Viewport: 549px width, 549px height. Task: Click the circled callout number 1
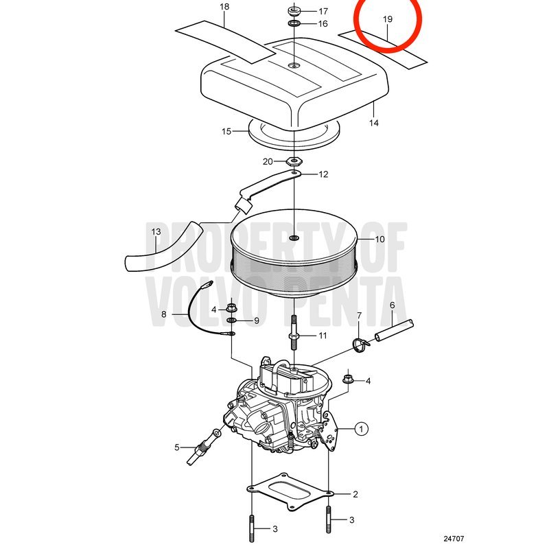tap(362, 428)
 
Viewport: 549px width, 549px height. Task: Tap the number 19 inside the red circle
tap(388, 19)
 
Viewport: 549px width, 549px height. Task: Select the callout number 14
tap(373, 123)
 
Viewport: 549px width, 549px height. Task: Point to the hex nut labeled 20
tap(294, 161)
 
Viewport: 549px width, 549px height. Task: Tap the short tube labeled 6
tap(395, 329)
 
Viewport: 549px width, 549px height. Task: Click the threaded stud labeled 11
tap(294, 332)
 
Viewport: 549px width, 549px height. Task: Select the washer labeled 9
tap(231, 320)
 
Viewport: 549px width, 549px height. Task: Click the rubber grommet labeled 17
tap(294, 10)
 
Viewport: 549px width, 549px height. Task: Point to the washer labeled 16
tap(294, 24)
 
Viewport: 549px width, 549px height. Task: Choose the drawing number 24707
tap(454, 539)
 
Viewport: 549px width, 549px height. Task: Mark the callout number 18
tap(224, 7)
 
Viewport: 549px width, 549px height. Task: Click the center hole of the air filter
tap(294, 238)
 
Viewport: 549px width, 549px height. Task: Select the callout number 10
tap(379, 240)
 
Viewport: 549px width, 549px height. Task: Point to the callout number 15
tap(226, 131)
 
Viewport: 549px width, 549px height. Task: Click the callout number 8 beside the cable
tap(164, 314)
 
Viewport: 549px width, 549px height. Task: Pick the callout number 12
tap(323, 174)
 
